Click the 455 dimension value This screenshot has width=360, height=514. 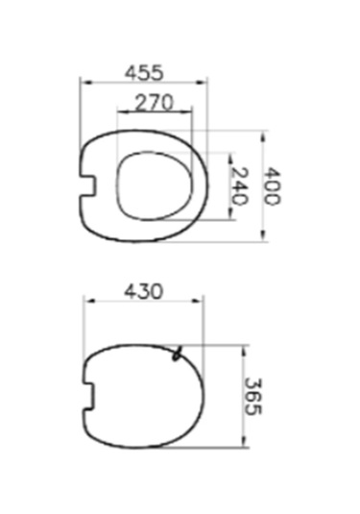(144, 71)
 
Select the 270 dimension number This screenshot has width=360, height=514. (155, 103)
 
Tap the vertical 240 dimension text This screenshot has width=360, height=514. (240, 185)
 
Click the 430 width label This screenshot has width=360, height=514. (143, 289)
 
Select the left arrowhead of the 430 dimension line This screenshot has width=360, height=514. (86, 302)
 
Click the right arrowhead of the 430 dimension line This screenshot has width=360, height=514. (203, 302)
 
